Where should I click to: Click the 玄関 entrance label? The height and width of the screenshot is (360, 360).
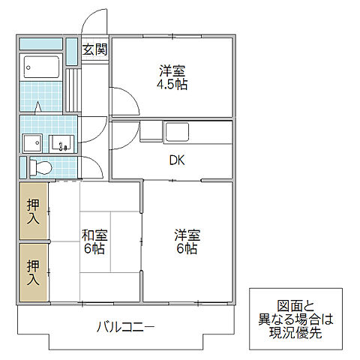click(x=94, y=50)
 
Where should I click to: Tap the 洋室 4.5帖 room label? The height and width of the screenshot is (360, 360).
click(x=172, y=77)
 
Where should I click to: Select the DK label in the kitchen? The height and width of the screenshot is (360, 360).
click(x=177, y=160)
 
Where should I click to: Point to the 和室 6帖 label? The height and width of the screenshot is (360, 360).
click(x=94, y=240)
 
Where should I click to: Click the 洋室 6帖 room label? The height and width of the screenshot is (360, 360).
click(x=187, y=240)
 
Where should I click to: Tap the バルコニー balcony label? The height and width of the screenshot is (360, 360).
click(x=125, y=327)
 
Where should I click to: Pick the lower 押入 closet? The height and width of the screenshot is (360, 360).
click(x=33, y=271)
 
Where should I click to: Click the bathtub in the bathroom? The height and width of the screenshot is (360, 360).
click(x=42, y=69)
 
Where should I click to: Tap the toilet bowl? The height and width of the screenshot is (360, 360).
click(x=42, y=167)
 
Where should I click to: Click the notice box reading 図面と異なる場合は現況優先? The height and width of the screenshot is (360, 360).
click(x=293, y=319)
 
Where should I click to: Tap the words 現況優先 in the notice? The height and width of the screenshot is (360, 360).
click(x=293, y=333)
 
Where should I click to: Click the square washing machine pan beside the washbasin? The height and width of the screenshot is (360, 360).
click(x=32, y=142)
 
